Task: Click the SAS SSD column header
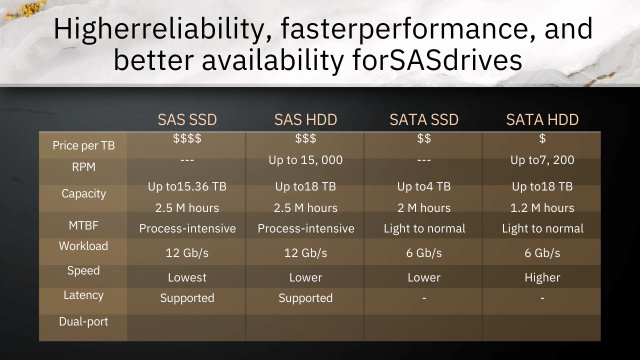pos(187,119)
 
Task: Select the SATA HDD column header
pos(542,119)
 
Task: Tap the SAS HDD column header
pos(305,119)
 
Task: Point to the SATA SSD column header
pos(424,119)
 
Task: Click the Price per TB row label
pos(83,145)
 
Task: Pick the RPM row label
pos(83,167)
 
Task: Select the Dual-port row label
pos(83,321)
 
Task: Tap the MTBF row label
pos(83,225)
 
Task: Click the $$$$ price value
pos(187,138)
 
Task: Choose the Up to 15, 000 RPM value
pos(305,160)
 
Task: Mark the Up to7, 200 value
pos(542,160)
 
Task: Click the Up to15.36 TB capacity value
pos(187,186)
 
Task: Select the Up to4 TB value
pos(424,186)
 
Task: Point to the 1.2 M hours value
pos(542,208)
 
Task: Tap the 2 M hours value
pos(424,208)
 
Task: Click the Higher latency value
pos(542,277)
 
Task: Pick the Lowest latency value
pos(187,277)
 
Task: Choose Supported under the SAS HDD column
pos(305,298)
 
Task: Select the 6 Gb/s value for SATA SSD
pos(424,253)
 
